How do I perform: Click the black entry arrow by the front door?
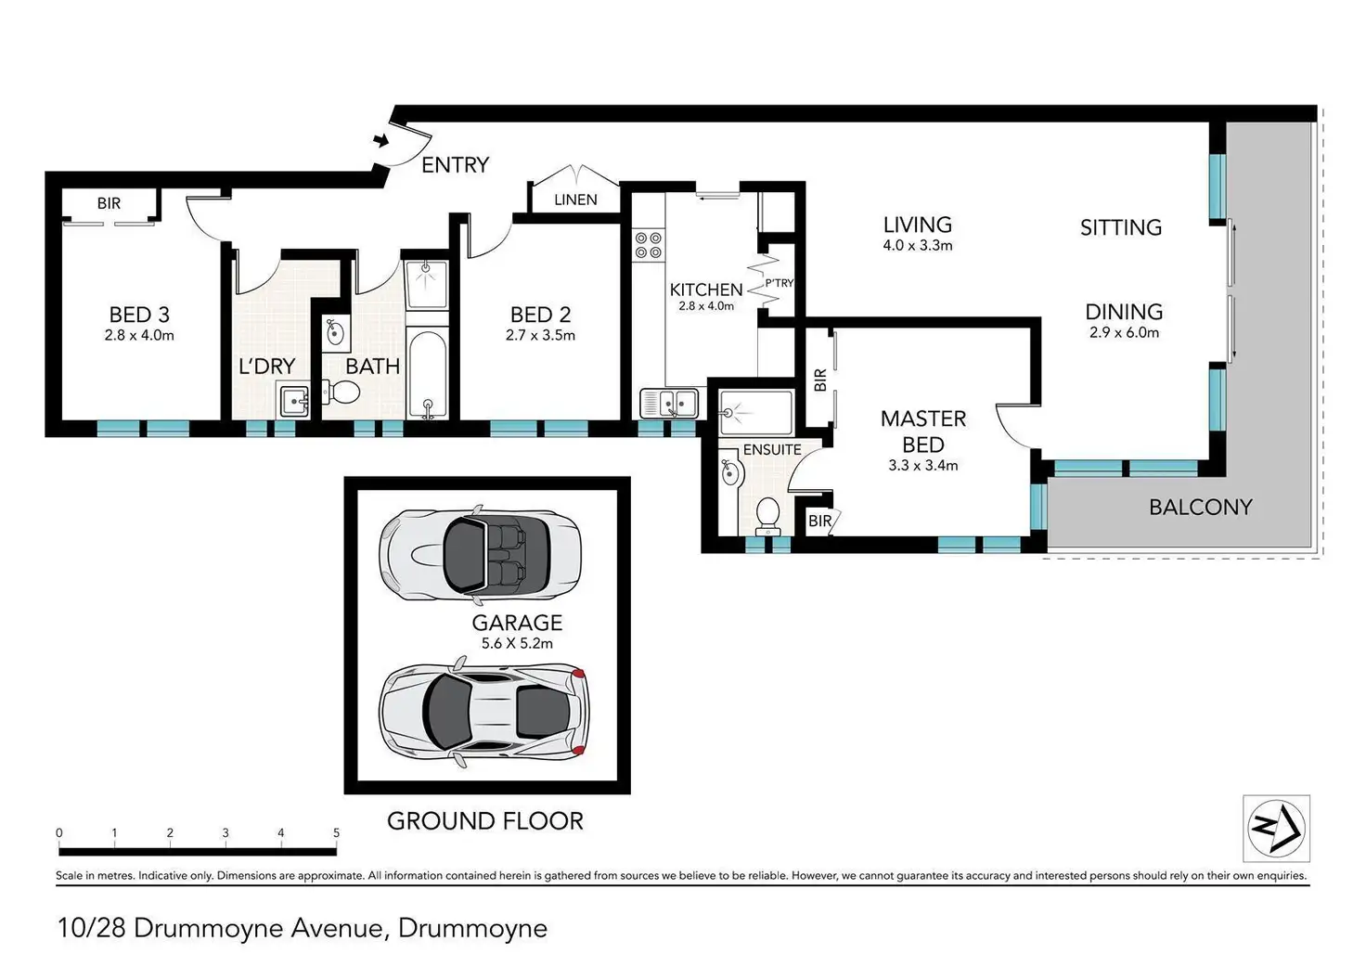[381, 141]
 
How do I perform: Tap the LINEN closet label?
[575, 200]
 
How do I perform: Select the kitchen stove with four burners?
[649, 245]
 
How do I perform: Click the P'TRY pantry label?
[780, 283]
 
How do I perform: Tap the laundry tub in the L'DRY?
[293, 400]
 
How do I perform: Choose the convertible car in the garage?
[481, 554]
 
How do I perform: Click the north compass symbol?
[1276, 828]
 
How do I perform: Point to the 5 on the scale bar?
[336, 832]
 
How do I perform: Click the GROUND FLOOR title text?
[485, 821]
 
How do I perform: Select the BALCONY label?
[1201, 507]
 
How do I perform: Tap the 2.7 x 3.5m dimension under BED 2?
[540, 335]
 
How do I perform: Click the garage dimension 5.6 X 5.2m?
[517, 643]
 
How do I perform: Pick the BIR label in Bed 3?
[110, 203]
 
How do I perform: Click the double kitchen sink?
[670, 403]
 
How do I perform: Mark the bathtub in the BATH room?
[427, 373]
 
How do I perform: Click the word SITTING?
[1121, 227]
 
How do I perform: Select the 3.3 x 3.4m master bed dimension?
[923, 465]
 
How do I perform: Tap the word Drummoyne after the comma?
[472, 928]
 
